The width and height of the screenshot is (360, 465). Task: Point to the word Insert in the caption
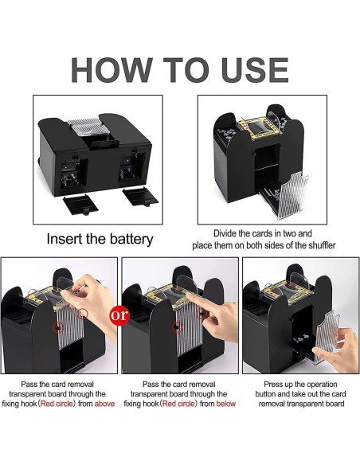click(x=66, y=238)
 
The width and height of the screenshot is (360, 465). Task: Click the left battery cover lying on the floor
click(x=80, y=203)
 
